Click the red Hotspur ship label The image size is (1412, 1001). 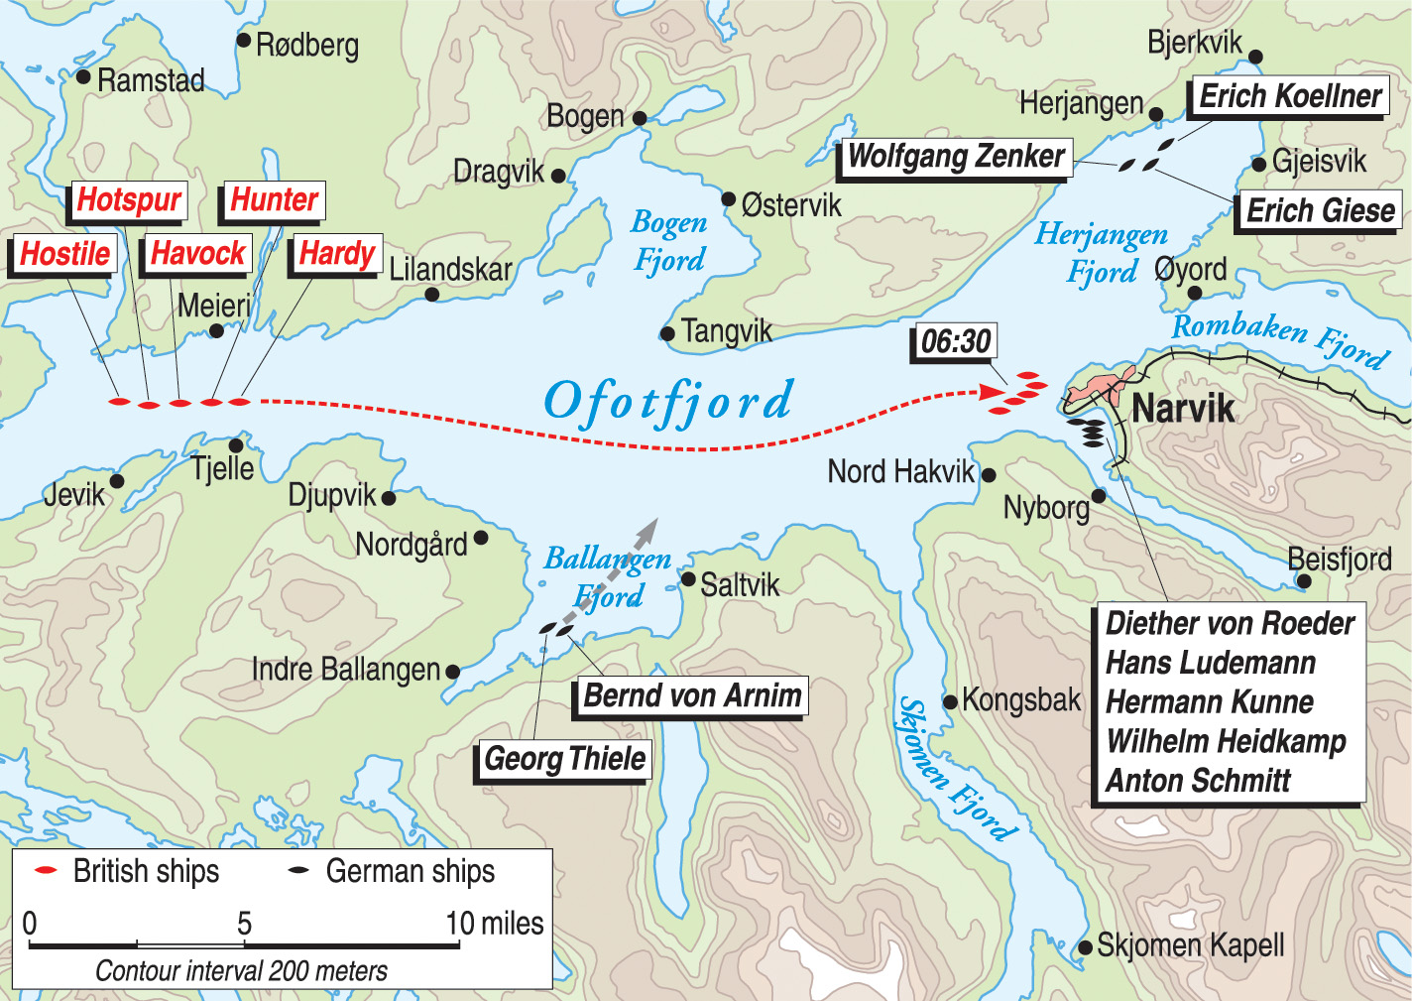coord(129,200)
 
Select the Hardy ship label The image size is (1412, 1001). coord(336,254)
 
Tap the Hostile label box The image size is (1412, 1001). coord(64,254)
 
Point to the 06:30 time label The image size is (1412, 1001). coord(955,342)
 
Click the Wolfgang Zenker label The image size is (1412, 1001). coord(956,158)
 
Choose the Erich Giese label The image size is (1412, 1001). coord(1319,211)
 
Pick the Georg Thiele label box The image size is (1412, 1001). coord(564,760)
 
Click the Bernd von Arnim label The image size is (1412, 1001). coord(692,695)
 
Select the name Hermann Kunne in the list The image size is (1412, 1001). coord(1209,702)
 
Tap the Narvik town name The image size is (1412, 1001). coord(1183,409)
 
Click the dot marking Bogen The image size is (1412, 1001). coord(640,118)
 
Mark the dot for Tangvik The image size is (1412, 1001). coord(668,333)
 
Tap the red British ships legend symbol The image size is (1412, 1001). coord(46,870)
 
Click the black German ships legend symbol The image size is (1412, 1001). coord(298,870)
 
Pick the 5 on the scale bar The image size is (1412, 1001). coord(244,924)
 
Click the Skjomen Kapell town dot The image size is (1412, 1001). coord(1085,946)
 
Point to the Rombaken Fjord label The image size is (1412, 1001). coord(1280,339)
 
